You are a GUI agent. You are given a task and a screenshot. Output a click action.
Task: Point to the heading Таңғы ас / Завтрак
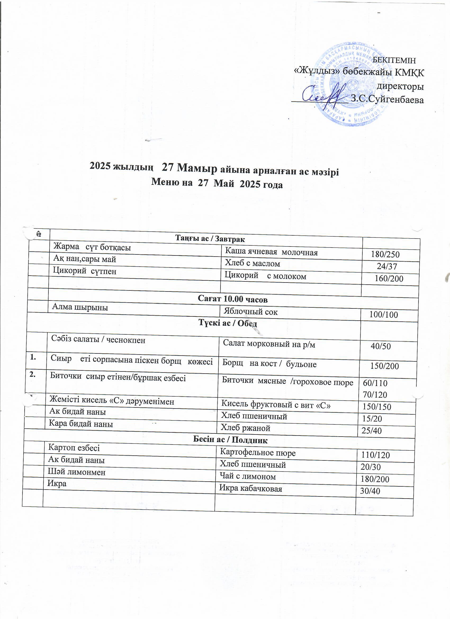click(210, 239)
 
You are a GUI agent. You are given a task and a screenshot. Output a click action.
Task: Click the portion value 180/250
click(385, 255)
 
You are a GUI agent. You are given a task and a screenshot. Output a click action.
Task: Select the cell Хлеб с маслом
click(253, 263)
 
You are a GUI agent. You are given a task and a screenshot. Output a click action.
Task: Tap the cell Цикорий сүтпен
click(85, 271)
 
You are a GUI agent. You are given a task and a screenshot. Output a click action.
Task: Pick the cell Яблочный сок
click(250, 312)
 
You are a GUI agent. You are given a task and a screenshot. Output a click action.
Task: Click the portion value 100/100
click(383, 315)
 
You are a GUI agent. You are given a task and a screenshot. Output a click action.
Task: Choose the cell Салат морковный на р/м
click(269, 344)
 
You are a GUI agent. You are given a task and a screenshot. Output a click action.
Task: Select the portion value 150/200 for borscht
click(384, 366)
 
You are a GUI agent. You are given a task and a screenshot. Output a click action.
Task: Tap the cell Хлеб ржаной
click(245, 428)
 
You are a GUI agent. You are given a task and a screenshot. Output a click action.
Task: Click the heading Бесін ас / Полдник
click(230, 440)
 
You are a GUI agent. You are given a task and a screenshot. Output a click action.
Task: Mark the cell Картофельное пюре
click(258, 453)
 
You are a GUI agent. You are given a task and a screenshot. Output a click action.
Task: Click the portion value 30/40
click(370, 491)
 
